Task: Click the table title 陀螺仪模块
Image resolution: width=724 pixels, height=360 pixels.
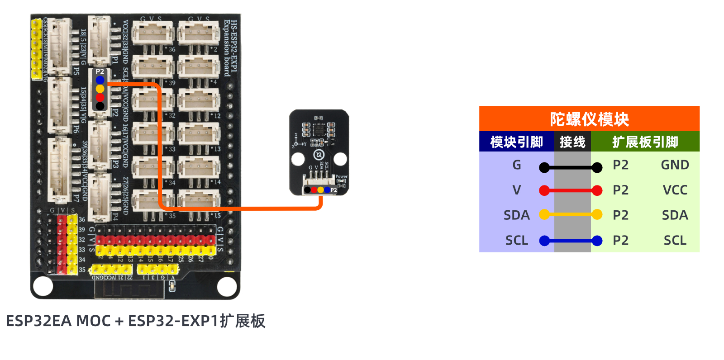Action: coord(589,119)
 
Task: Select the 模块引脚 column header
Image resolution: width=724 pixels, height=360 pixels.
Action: coord(516,142)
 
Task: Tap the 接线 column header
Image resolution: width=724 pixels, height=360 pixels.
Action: coord(572,142)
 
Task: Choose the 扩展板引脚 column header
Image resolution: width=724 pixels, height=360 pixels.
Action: coord(645,142)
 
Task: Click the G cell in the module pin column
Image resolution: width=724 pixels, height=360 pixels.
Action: coord(516,165)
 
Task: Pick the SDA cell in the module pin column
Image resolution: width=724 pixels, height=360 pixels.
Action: coord(516,215)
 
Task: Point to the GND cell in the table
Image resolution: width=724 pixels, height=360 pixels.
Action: coord(675,165)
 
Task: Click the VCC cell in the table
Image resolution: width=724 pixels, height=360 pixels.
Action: coord(675,190)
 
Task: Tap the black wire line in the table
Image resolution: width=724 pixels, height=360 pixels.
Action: coord(571,168)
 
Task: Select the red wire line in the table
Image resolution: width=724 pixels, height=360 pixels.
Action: coord(571,190)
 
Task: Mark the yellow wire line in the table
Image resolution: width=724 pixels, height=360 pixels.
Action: coord(571,214)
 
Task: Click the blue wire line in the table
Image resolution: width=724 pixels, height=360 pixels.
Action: coord(571,241)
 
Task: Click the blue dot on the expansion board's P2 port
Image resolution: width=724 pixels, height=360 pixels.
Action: coord(100,80)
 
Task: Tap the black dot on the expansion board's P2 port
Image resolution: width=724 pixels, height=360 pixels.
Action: coord(100,106)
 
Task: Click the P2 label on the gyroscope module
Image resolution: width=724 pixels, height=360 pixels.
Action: coord(334,190)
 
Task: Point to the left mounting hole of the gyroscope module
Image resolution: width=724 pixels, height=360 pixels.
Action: coord(298,159)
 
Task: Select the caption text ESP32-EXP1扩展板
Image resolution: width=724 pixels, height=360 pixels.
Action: coord(196,321)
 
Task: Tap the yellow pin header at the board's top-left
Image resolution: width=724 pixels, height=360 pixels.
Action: coord(37,49)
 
